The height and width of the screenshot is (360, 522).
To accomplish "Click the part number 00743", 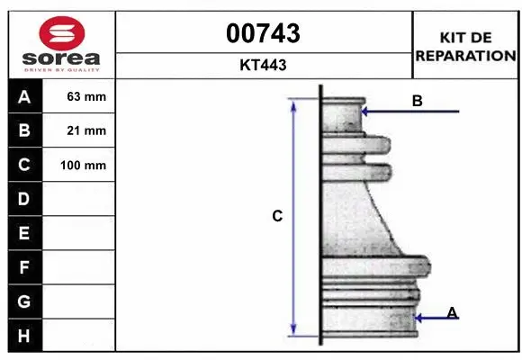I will click(x=264, y=33).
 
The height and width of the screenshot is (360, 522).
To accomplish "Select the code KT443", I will click(x=264, y=66).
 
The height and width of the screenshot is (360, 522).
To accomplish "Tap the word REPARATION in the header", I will click(x=465, y=56).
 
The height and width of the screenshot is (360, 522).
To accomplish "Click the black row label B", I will click(x=24, y=131).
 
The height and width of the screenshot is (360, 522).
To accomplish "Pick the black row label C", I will click(x=24, y=166).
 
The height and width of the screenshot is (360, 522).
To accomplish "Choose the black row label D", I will click(x=24, y=199).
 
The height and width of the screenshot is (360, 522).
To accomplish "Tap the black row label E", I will click(x=24, y=233).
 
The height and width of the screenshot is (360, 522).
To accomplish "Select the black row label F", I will click(x=24, y=267).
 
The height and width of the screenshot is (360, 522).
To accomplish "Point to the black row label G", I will click(x=24, y=301).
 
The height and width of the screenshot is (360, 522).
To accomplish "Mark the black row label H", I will click(x=24, y=336).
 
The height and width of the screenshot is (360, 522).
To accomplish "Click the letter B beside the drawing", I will click(x=418, y=102).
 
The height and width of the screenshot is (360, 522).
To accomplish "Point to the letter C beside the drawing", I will click(x=278, y=216).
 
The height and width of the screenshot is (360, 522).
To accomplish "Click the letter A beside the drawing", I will click(x=453, y=312).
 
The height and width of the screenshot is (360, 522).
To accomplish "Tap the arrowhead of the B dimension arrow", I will click(x=364, y=112).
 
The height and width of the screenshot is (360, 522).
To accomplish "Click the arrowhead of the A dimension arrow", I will click(x=417, y=317).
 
